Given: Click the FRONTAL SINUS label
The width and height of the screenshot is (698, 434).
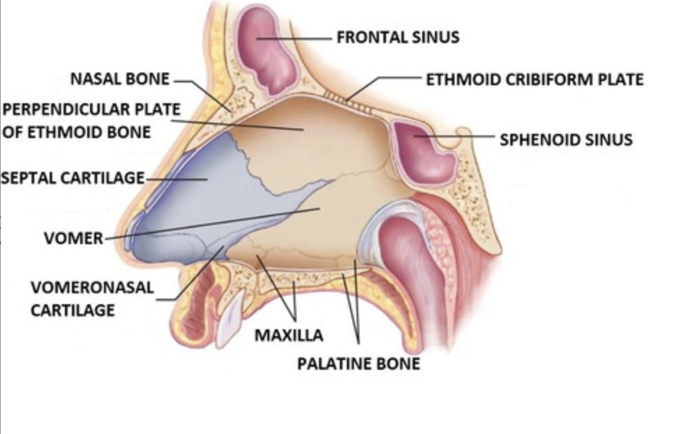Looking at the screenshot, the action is (x=398, y=37).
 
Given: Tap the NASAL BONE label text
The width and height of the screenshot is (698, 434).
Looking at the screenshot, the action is (x=119, y=79).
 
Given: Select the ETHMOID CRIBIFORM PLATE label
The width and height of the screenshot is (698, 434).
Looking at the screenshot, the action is (x=535, y=79).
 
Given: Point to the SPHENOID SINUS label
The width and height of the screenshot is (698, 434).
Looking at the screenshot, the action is (x=565, y=140).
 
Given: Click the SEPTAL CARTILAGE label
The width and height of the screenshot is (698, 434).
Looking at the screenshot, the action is (x=72, y=178).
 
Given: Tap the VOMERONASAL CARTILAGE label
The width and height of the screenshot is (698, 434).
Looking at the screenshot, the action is (x=91, y=298).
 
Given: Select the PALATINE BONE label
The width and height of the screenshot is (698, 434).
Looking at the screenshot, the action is (x=358, y=364).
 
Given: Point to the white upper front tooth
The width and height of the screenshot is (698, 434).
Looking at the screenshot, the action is (x=230, y=317).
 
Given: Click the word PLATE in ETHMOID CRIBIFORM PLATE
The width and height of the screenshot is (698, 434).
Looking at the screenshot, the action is (x=618, y=79).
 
